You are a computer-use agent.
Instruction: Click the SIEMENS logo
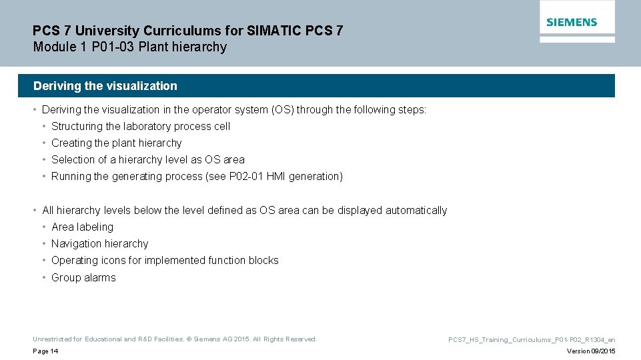tap(572, 22)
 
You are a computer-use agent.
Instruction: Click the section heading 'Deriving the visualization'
tap(105, 86)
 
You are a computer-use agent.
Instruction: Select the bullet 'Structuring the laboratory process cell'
tap(141, 126)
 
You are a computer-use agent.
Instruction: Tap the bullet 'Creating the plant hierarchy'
tap(116, 143)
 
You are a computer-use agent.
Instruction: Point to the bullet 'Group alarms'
tap(83, 277)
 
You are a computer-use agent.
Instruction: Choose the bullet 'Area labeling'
tap(82, 227)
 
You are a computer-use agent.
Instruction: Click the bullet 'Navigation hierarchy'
tap(99, 243)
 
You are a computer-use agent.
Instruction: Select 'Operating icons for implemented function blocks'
tap(165, 260)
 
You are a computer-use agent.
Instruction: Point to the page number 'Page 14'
tap(45, 351)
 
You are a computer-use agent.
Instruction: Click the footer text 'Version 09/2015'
tap(591, 351)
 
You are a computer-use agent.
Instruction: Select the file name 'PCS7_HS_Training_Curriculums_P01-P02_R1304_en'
tap(532, 340)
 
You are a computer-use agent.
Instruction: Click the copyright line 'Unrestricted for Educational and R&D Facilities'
tap(175, 339)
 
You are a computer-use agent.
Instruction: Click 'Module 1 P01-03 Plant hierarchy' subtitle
tap(130, 47)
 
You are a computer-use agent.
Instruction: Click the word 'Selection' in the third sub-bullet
tap(73, 159)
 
